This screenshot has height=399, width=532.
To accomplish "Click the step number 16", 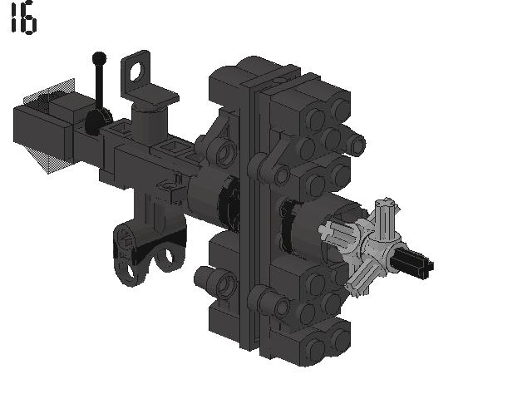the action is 24,17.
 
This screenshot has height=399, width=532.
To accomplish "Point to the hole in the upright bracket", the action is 136,72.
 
